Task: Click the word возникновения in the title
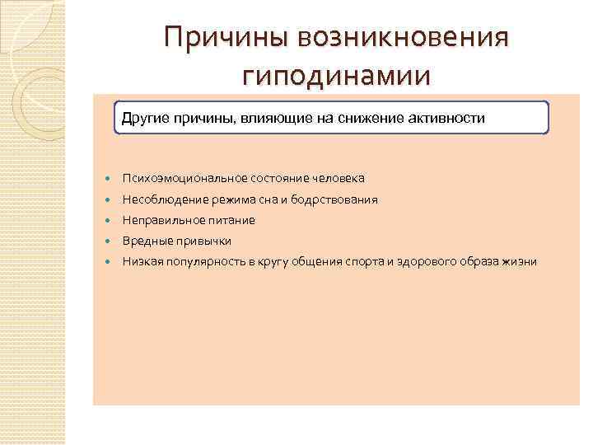[404, 38]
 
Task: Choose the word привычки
[203, 241]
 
